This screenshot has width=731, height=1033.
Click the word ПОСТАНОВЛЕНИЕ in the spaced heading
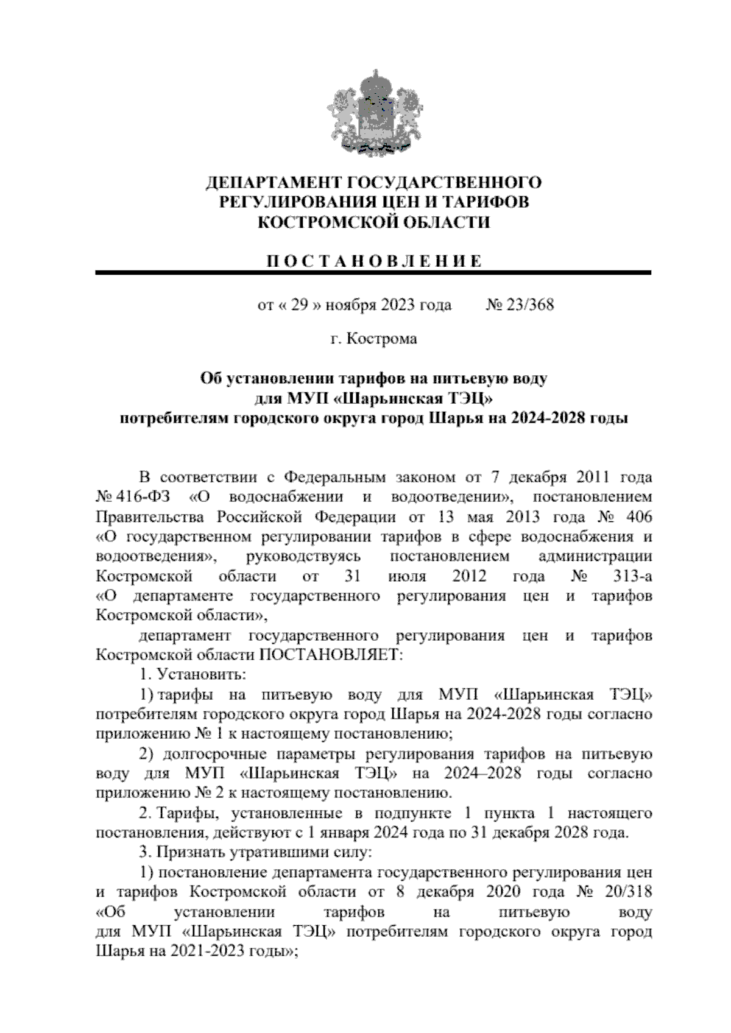click(x=373, y=262)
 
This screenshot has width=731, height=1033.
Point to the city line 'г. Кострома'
click(x=373, y=339)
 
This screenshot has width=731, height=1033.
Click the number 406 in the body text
click(x=638, y=516)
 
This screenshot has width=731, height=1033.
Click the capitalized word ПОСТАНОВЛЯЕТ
click(x=331, y=655)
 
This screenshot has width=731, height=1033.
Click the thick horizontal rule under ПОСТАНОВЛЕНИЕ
click(x=373, y=273)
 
